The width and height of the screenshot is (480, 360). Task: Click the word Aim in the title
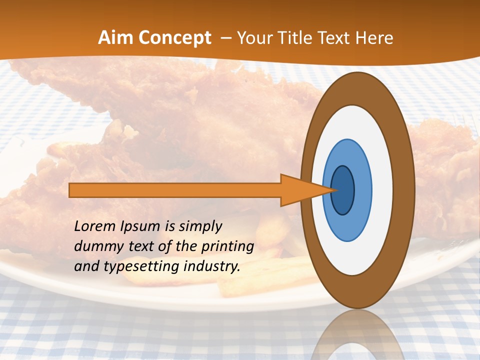[x=115, y=38]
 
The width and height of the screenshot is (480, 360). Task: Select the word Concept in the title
[x=175, y=38]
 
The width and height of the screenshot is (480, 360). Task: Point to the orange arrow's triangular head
[x=300, y=190]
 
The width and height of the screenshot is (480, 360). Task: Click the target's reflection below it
[x=357, y=335]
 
